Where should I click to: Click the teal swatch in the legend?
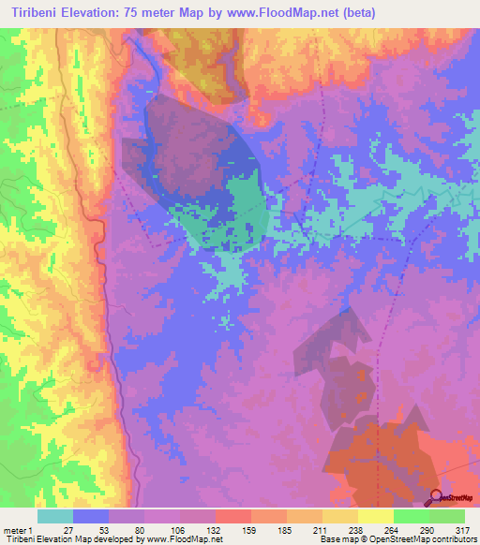click(55, 516)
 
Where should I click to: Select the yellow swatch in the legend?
click(376, 516)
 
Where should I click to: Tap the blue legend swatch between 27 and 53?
click(91, 516)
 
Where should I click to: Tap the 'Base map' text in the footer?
click(337, 539)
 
